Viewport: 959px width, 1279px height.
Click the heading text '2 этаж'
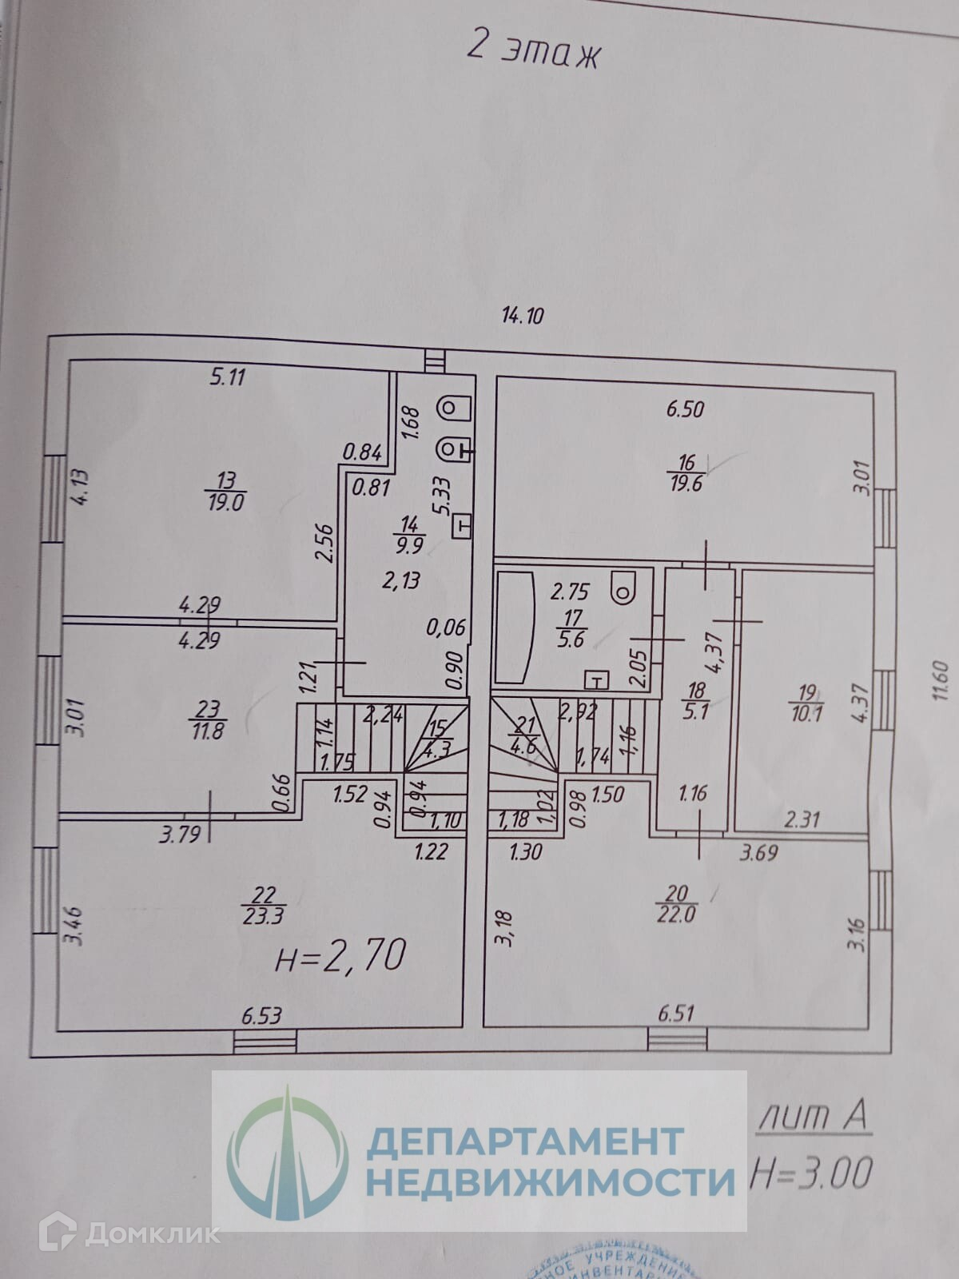point(532,53)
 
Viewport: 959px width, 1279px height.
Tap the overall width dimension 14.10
point(522,316)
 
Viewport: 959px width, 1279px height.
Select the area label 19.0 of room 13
point(226,503)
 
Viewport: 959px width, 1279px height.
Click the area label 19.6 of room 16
point(686,484)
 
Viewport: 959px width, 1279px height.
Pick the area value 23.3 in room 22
point(262,916)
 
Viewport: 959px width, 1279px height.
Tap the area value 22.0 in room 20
point(676,914)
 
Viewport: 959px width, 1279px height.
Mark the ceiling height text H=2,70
point(340,955)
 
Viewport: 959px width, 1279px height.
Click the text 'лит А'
point(812,1115)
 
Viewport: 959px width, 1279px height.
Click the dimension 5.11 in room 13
point(227,377)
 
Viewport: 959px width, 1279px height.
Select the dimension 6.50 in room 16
point(685,409)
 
